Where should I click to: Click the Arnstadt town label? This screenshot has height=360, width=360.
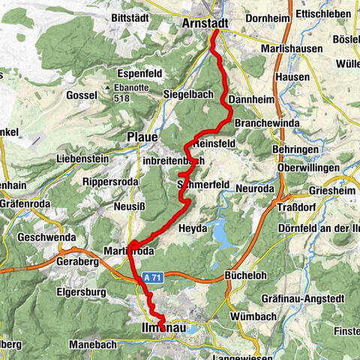click(x=205, y=25)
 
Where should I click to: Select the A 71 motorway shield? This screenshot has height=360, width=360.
click(x=153, y=277)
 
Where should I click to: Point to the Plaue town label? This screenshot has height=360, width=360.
click(x=142, y=137)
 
